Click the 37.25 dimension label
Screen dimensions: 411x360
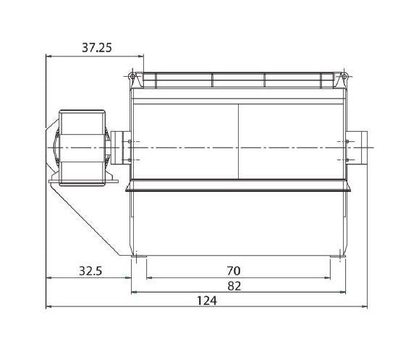tap(97, 48)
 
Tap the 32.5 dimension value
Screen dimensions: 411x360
tap(90, 271)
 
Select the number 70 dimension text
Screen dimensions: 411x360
tap(233, 271)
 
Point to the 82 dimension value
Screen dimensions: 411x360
tap(234, 286)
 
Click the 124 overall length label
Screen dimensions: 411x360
tap(207, 301)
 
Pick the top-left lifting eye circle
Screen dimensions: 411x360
tap(132, 76)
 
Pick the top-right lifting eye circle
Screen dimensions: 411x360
tap(344, 76)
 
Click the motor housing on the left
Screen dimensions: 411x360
tap(82, 148)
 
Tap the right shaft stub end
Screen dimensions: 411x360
tap(365, 148)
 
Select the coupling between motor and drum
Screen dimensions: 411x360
tap(117, 148)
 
